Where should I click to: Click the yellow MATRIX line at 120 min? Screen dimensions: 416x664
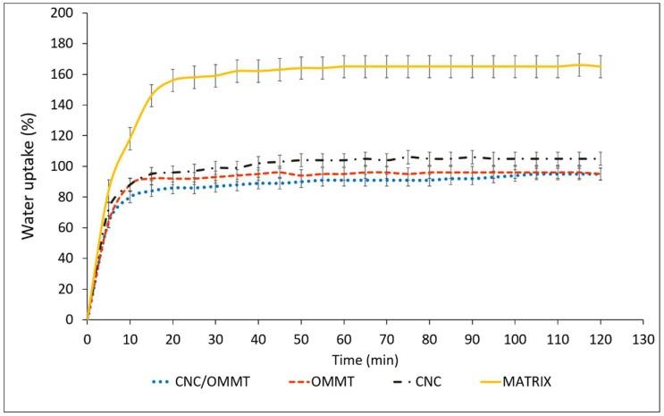click(x=600, y=66)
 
